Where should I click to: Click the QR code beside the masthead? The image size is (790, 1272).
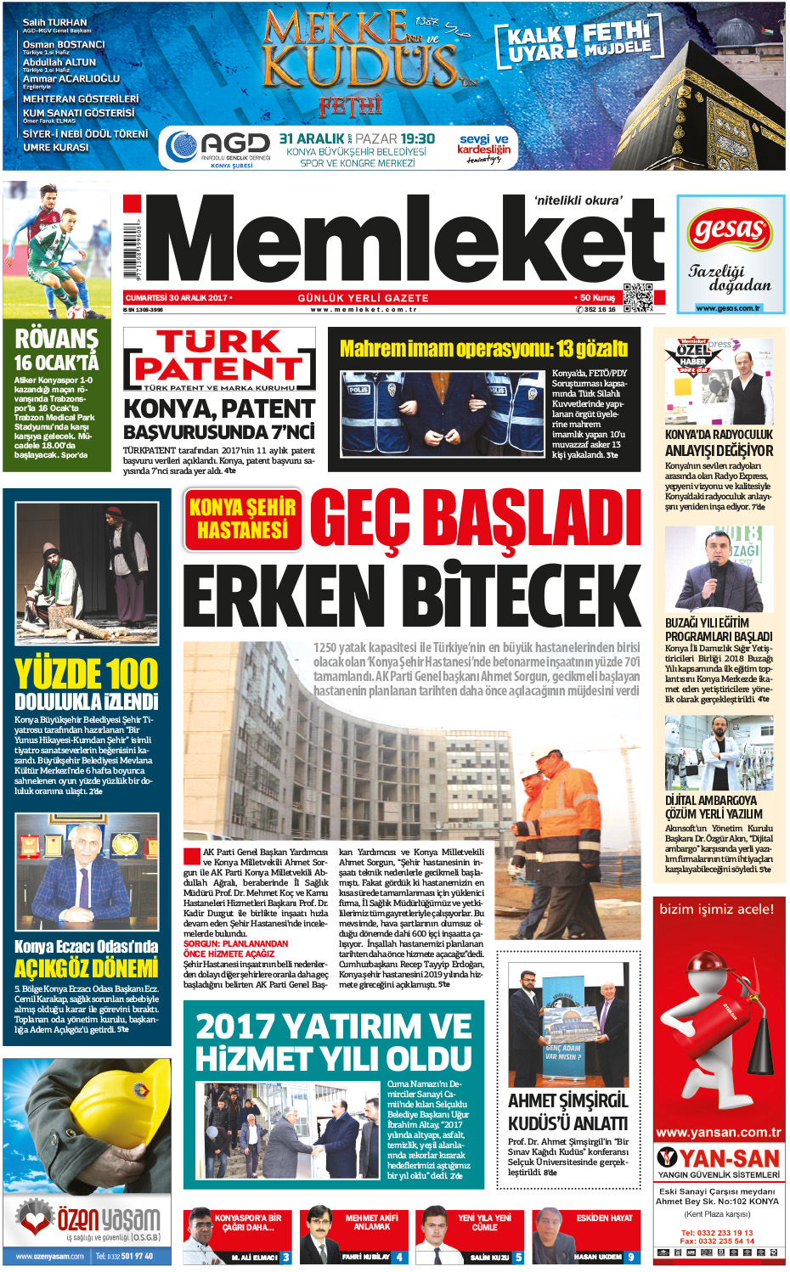coord(637,297)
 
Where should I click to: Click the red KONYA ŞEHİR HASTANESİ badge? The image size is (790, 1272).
coord(243,519)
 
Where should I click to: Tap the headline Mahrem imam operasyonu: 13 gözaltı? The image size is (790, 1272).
coord(483,349)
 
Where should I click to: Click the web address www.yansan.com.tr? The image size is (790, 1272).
coord(719,1132)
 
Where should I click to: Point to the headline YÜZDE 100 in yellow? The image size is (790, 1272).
coord(87,675)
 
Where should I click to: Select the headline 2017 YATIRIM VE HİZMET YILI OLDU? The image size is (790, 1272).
coord(333,1043)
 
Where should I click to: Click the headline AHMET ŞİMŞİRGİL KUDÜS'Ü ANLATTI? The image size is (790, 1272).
coord(567,1112)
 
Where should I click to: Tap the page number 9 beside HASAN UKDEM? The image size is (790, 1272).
coord(630,1257)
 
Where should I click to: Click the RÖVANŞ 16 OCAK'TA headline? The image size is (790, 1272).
coord(57,350)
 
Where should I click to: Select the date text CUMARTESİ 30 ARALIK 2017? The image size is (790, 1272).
coord(177,298)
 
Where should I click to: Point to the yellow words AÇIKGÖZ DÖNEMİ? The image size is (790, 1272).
coord(87,969)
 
